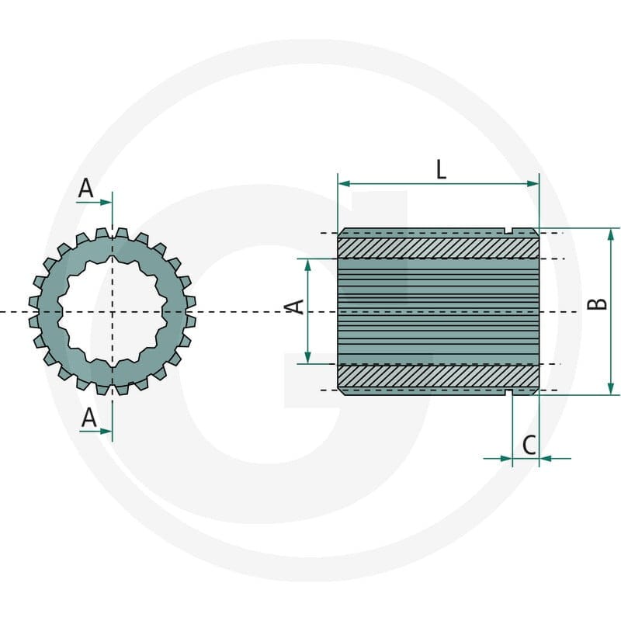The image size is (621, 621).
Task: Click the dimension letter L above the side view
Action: [441, 169]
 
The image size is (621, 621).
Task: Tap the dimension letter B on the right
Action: [597, 304]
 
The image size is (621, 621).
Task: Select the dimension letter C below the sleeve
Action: [529, 445]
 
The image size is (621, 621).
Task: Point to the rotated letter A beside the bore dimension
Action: [295, 307]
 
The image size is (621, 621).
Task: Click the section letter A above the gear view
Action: [86, 188]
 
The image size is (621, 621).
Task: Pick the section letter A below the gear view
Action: [88, 417]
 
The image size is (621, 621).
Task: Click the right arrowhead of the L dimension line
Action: [533, 183]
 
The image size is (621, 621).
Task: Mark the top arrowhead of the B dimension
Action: [611, 234]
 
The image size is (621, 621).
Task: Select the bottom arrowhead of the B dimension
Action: [611, 389]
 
